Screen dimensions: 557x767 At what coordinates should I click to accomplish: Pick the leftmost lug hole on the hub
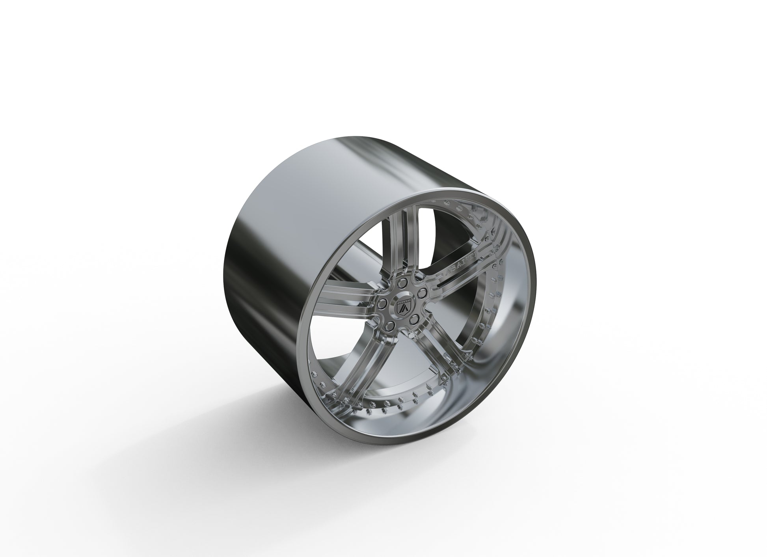tap(382, 304)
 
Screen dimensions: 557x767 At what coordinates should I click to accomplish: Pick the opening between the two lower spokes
tap(406, 378)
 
